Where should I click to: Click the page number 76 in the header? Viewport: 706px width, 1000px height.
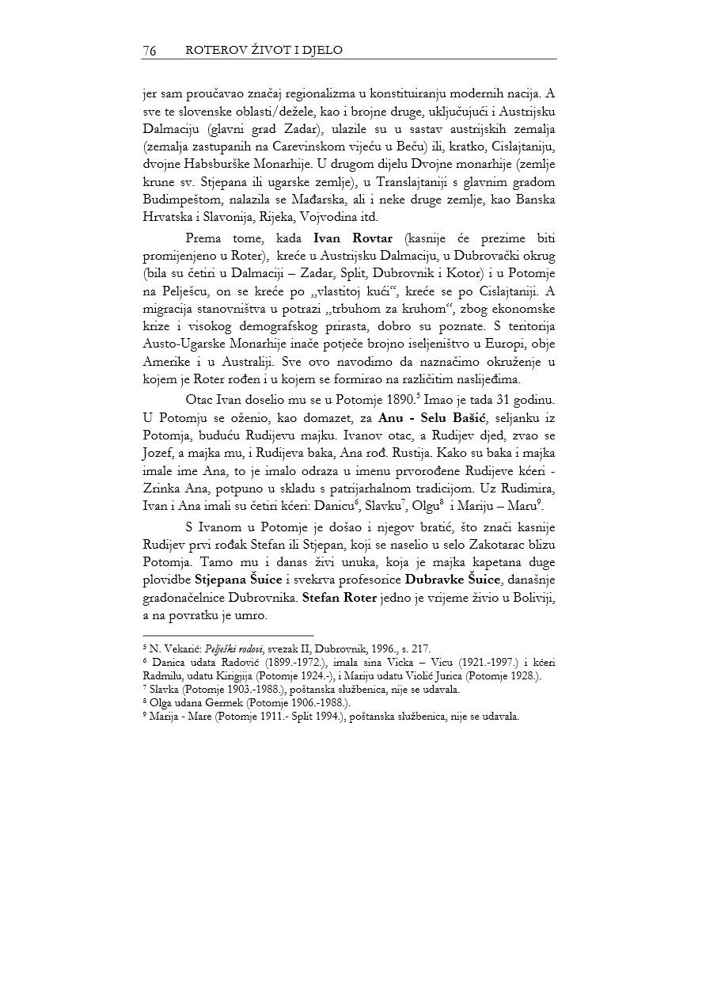149,51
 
